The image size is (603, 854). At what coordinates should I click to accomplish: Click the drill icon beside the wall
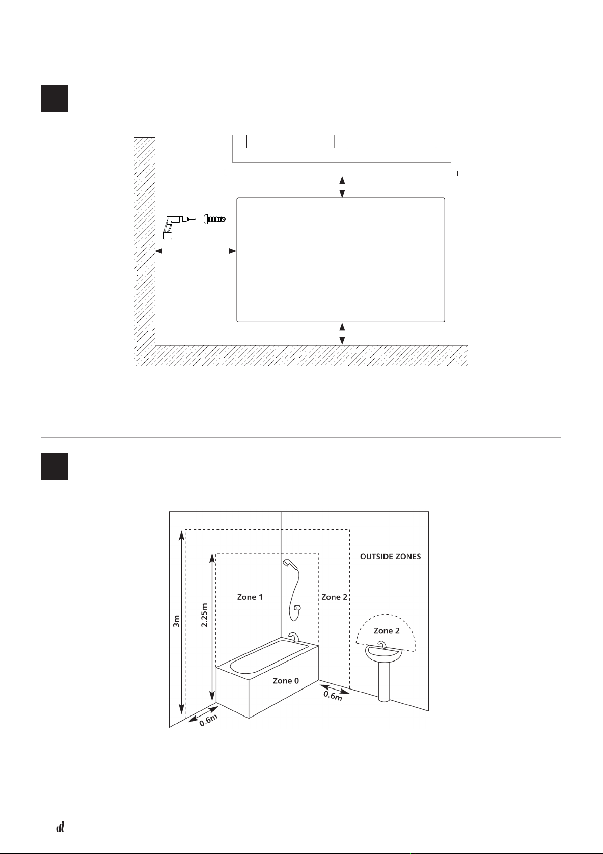(x=172, y=226)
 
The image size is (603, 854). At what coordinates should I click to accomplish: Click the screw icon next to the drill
(x=214, y=219)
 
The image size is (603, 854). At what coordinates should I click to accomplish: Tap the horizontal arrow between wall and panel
(x=196, y=251)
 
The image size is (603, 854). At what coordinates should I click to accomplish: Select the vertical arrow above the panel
(x=342, y=187)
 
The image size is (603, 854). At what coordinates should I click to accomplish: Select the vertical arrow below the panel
(x=342, y=334)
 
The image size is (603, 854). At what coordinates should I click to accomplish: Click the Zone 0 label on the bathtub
(x=286, y=680)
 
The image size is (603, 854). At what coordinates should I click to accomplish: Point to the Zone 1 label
(x=250, y=597)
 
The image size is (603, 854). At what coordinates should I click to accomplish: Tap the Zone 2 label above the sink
(x=387, y=630)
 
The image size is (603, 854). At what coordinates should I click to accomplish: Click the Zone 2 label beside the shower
(x=335, y=597)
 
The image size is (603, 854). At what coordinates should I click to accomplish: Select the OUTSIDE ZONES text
(x=391, y=556)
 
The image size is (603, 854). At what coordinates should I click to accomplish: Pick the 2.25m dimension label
(x=205, y=615)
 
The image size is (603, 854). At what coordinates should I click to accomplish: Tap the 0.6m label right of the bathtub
(x=334, y=694)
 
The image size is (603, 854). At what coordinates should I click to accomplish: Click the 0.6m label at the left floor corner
(x=209, y=719)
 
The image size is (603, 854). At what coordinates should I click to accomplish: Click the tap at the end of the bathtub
(x=294, y=637)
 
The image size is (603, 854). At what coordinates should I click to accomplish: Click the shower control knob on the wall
(x=297, y=607)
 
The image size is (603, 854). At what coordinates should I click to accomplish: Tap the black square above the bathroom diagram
(x=54, y=466)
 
